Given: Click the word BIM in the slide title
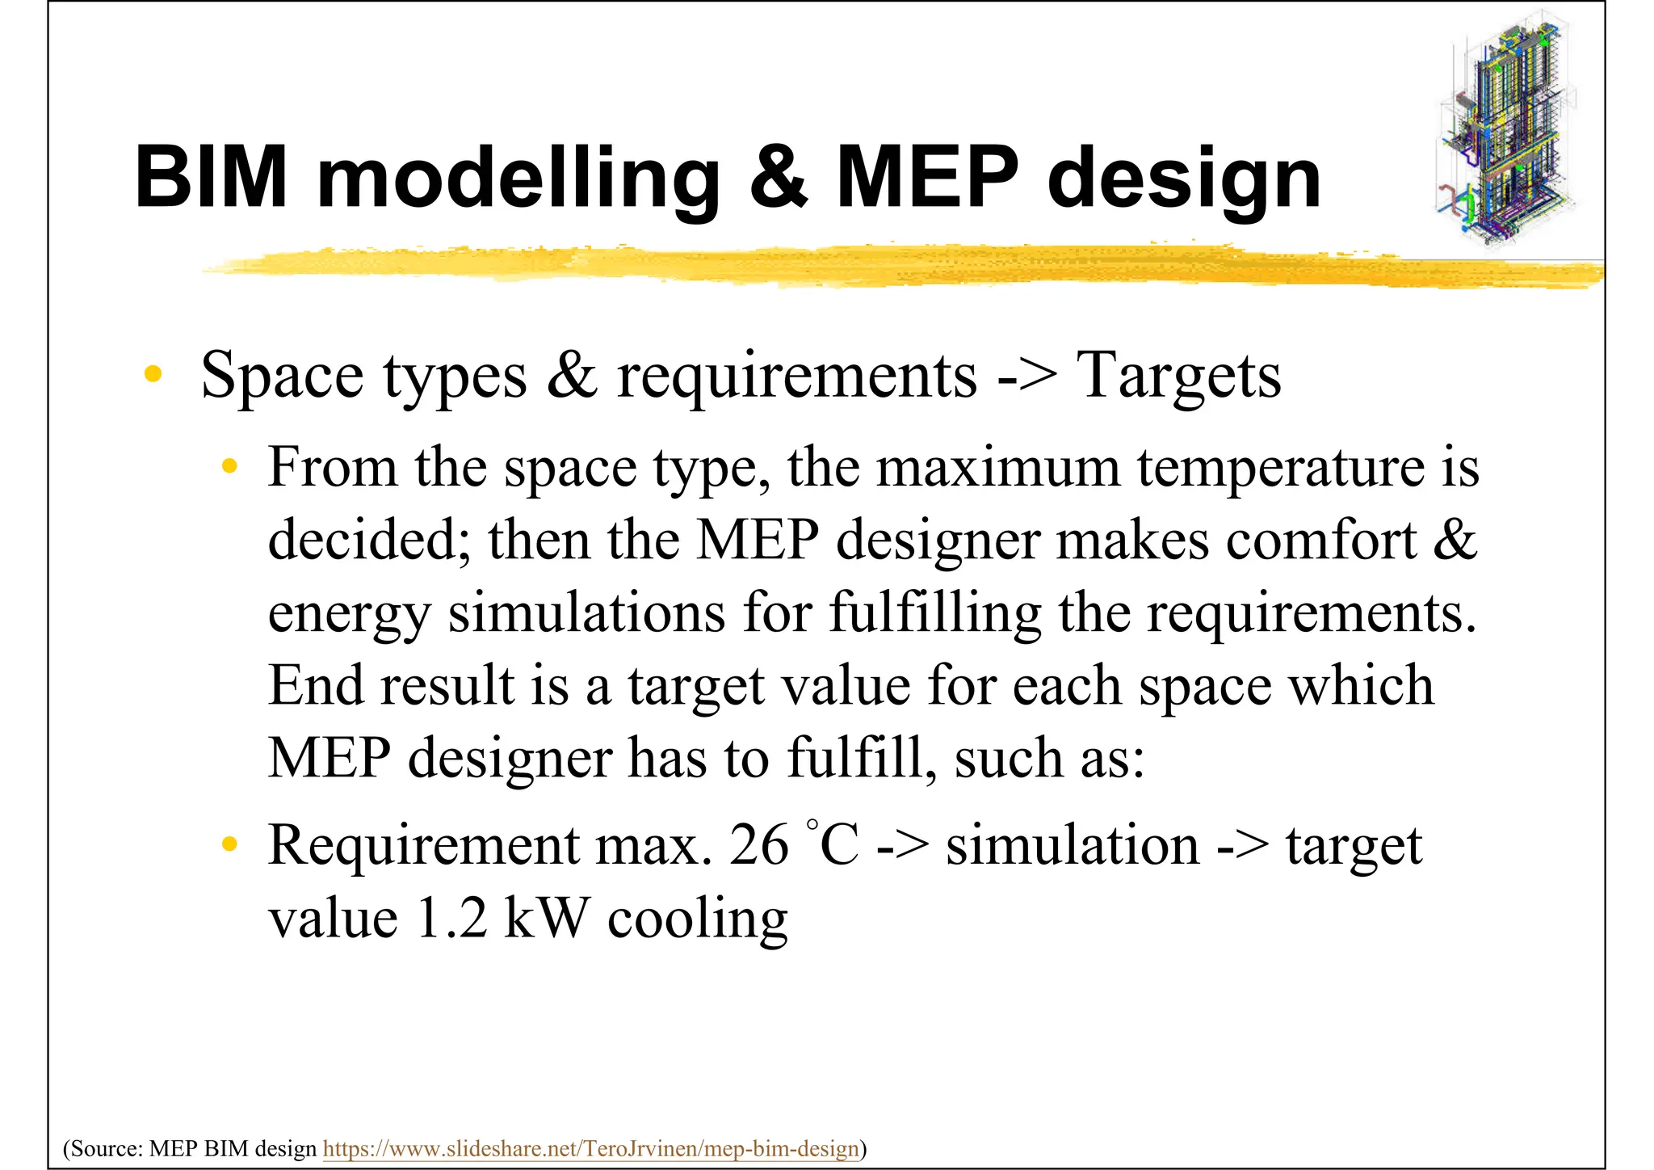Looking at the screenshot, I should pyautogui.click(x=211, y=177).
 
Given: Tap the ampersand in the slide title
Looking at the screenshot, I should pyautogui.click(x=778, y=177).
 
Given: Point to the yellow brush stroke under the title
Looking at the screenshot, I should pyautogui.click(x=888, y=265).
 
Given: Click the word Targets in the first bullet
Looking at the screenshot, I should pyautogui.click(x=1178, y=376).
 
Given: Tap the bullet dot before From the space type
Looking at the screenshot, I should pyautogui.click(x=230, y=466).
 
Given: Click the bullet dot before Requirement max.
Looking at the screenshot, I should pyautogui.click(x=230, y=844).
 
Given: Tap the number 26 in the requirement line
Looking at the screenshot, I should pyautogui.click(x=758, y=845).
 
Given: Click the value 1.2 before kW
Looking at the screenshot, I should pyautogui.click(x=451, y=919).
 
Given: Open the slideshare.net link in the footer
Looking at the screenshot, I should pyautogui.click(x=590, y=1148).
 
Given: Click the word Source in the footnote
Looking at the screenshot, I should pyautogui.click(x=105, y=1148).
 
